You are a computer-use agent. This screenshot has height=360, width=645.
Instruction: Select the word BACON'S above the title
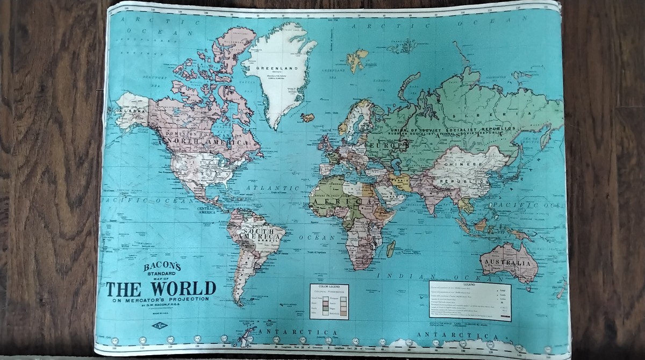pos(162,267)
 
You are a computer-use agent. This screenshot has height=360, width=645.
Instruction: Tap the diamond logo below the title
pos(159,325)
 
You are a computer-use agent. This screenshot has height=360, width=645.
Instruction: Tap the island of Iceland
pos(307,117)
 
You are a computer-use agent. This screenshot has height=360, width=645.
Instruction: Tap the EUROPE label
pos(388,145)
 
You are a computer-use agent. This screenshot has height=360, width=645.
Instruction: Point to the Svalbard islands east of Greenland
pos(357,59)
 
